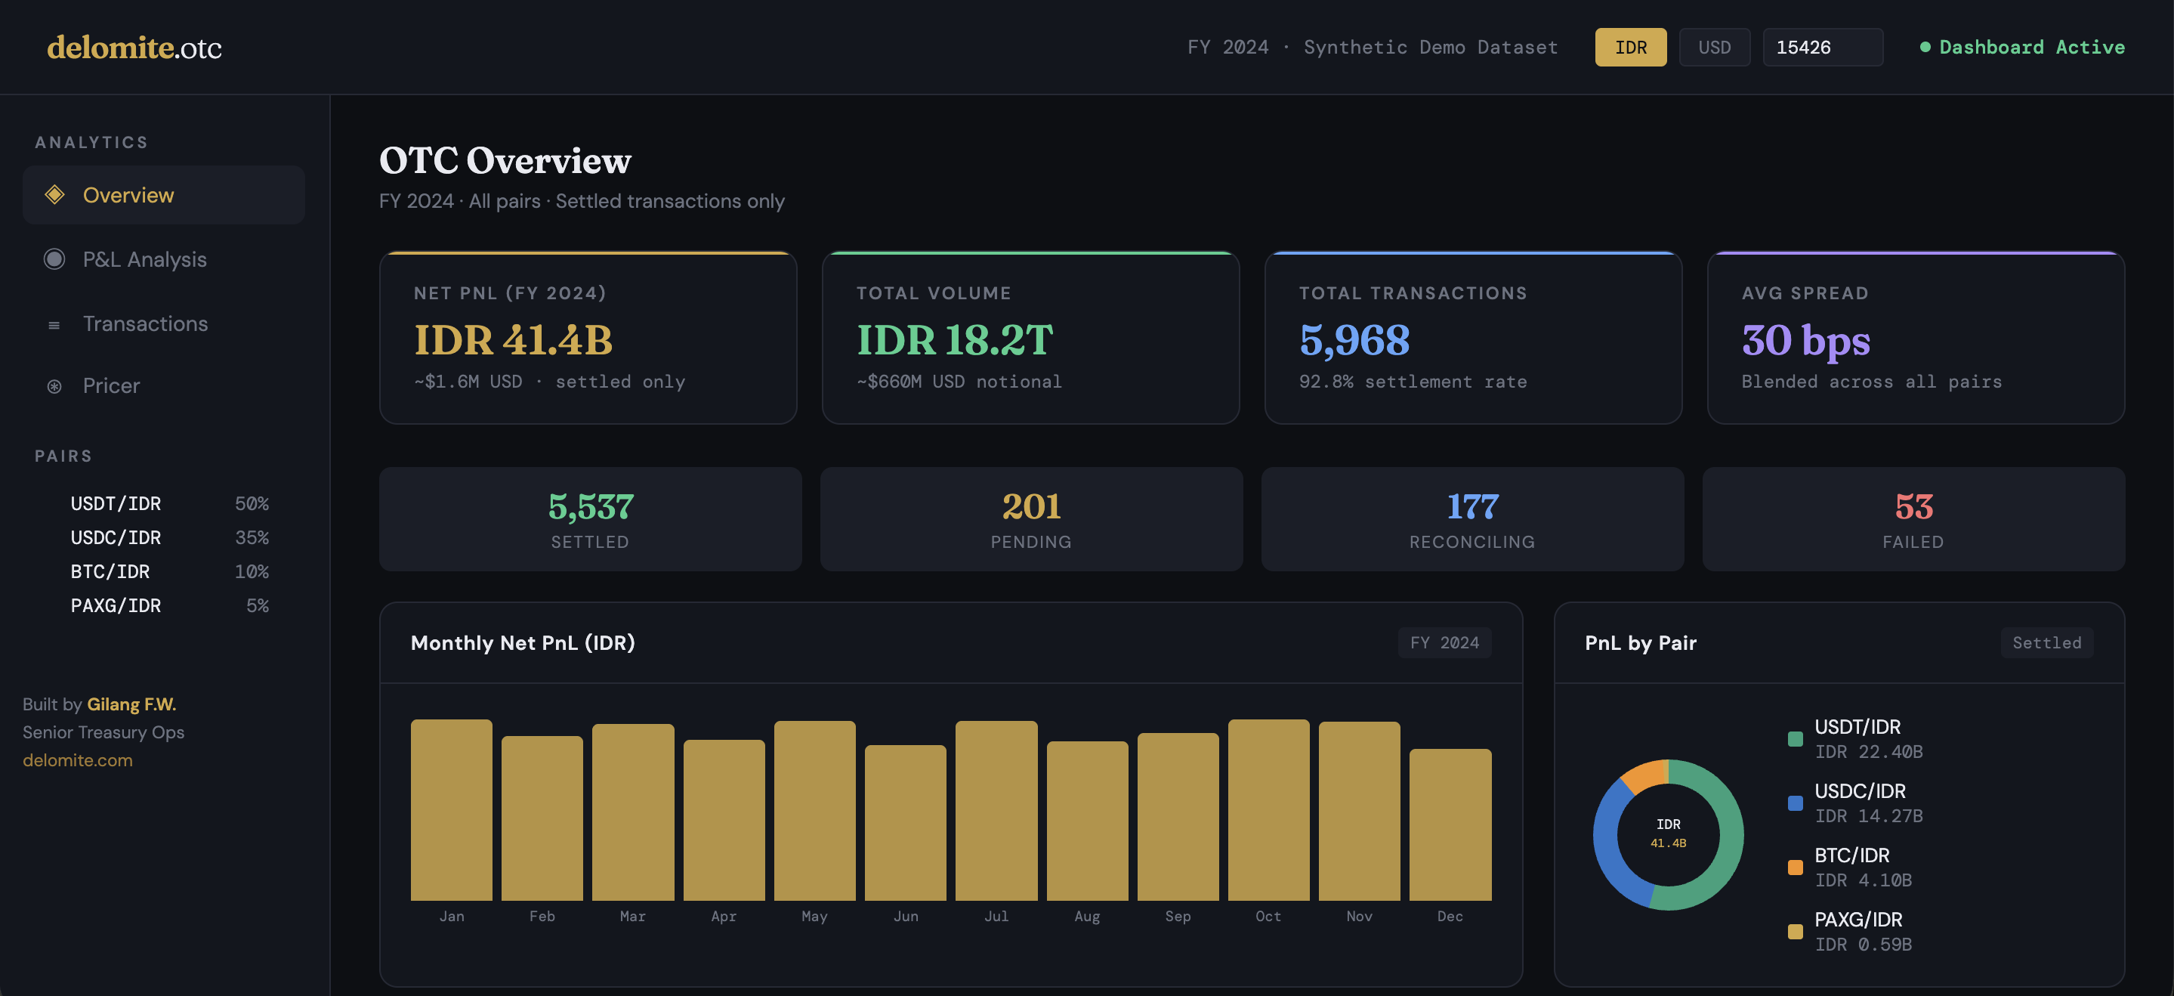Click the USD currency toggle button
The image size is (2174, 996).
pyautogui.click(x=1714, y=48)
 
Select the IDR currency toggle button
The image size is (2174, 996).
pyautogui.click(x=1629, y=48)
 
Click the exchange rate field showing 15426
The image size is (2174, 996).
pyautogui.click(x=1821, y=48)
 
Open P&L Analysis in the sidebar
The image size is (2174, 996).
pyautogui.click(x=144, y=259)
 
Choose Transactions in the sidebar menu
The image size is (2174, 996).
pyautogui.click(x=145, y=323)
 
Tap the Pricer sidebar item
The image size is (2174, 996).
pyautogui.click(x=111, y=385)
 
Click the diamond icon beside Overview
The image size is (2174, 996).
pyautogui.click(x=55, y=195)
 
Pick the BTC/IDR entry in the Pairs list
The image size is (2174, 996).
pyautogui.click(x=110, y=571)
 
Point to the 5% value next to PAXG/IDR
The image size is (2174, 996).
pyautogui.click(x=258, y=605)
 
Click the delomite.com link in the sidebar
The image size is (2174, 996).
pyautogui.click(x=78, y=759)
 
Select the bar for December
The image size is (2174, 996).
pyautogui.click(x=1449, y=824)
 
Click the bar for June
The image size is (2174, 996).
pyautogui.click(x=905, y=822)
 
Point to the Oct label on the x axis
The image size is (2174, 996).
pyautogui.click(x=1268, y=916)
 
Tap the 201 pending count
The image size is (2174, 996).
pyautogui.click(x=1030, y=506)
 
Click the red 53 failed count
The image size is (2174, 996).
pyautogui.click(x=1913, y=506)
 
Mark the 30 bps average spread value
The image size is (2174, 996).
pyautogui.click(x=1805, y=340)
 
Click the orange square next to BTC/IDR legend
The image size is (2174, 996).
pyautogui.click(x=1795, y=868)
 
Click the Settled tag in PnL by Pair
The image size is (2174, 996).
pyautogui.click(x=2046, y=642)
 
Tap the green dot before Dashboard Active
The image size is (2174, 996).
pyautogui.click(x=1925, y=48)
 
